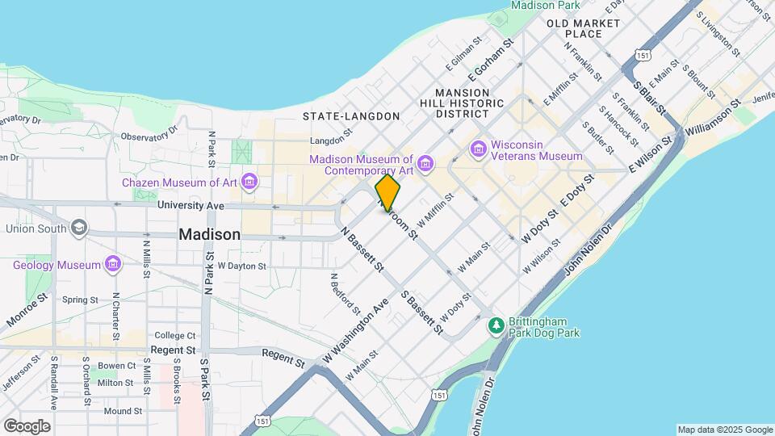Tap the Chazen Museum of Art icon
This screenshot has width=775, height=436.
249,182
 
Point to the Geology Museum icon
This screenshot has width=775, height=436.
113,265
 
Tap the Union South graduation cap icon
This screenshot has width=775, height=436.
79,228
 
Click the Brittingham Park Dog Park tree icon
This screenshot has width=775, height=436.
496,326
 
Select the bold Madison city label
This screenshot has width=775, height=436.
209,235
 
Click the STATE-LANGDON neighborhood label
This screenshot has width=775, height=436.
351,116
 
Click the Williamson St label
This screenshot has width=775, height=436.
712,118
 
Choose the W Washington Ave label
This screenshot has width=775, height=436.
355,329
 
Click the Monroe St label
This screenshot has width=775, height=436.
27,310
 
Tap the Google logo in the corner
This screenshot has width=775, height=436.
26,426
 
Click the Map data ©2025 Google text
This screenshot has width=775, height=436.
723,430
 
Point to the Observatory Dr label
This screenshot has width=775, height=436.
148,136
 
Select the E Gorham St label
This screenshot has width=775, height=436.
489,57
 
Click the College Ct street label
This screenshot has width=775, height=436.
175,335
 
